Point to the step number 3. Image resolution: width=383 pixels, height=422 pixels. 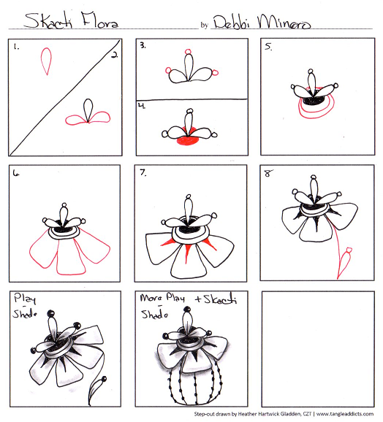tap(143, 45)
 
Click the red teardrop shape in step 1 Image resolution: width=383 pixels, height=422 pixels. tap(48, 61)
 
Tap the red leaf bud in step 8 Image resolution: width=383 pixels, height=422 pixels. tap(348, 258)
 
